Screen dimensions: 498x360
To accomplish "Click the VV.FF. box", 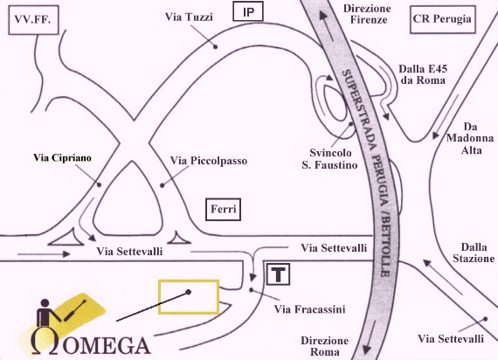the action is coord(33,20).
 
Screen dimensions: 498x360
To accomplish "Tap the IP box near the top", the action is coord(248,11).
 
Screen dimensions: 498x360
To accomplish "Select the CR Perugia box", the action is coord(442,19).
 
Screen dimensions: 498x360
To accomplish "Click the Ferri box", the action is coord(224,210).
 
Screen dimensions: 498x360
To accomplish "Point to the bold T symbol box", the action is coord(278,273).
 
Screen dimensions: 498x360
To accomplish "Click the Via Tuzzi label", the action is coord(189,17).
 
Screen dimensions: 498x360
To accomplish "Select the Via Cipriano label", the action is coord(62,158).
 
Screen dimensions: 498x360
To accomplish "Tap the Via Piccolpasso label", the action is coord(208,161).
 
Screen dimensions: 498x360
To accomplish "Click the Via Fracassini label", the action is coord(310,309).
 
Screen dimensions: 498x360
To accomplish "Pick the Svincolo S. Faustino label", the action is coord(330,159).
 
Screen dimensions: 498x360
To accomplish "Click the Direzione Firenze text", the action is coord(368,14).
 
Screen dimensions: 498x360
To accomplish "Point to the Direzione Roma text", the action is coord(325,346).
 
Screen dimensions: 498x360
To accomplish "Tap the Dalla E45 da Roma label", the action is coord(423,74).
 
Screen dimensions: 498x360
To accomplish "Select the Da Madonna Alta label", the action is coord(470,139).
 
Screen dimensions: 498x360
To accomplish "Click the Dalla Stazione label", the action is coord(474,253).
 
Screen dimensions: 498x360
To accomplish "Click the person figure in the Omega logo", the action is coord(46,313).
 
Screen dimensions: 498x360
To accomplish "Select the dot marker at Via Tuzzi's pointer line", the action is coord(215,46).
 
